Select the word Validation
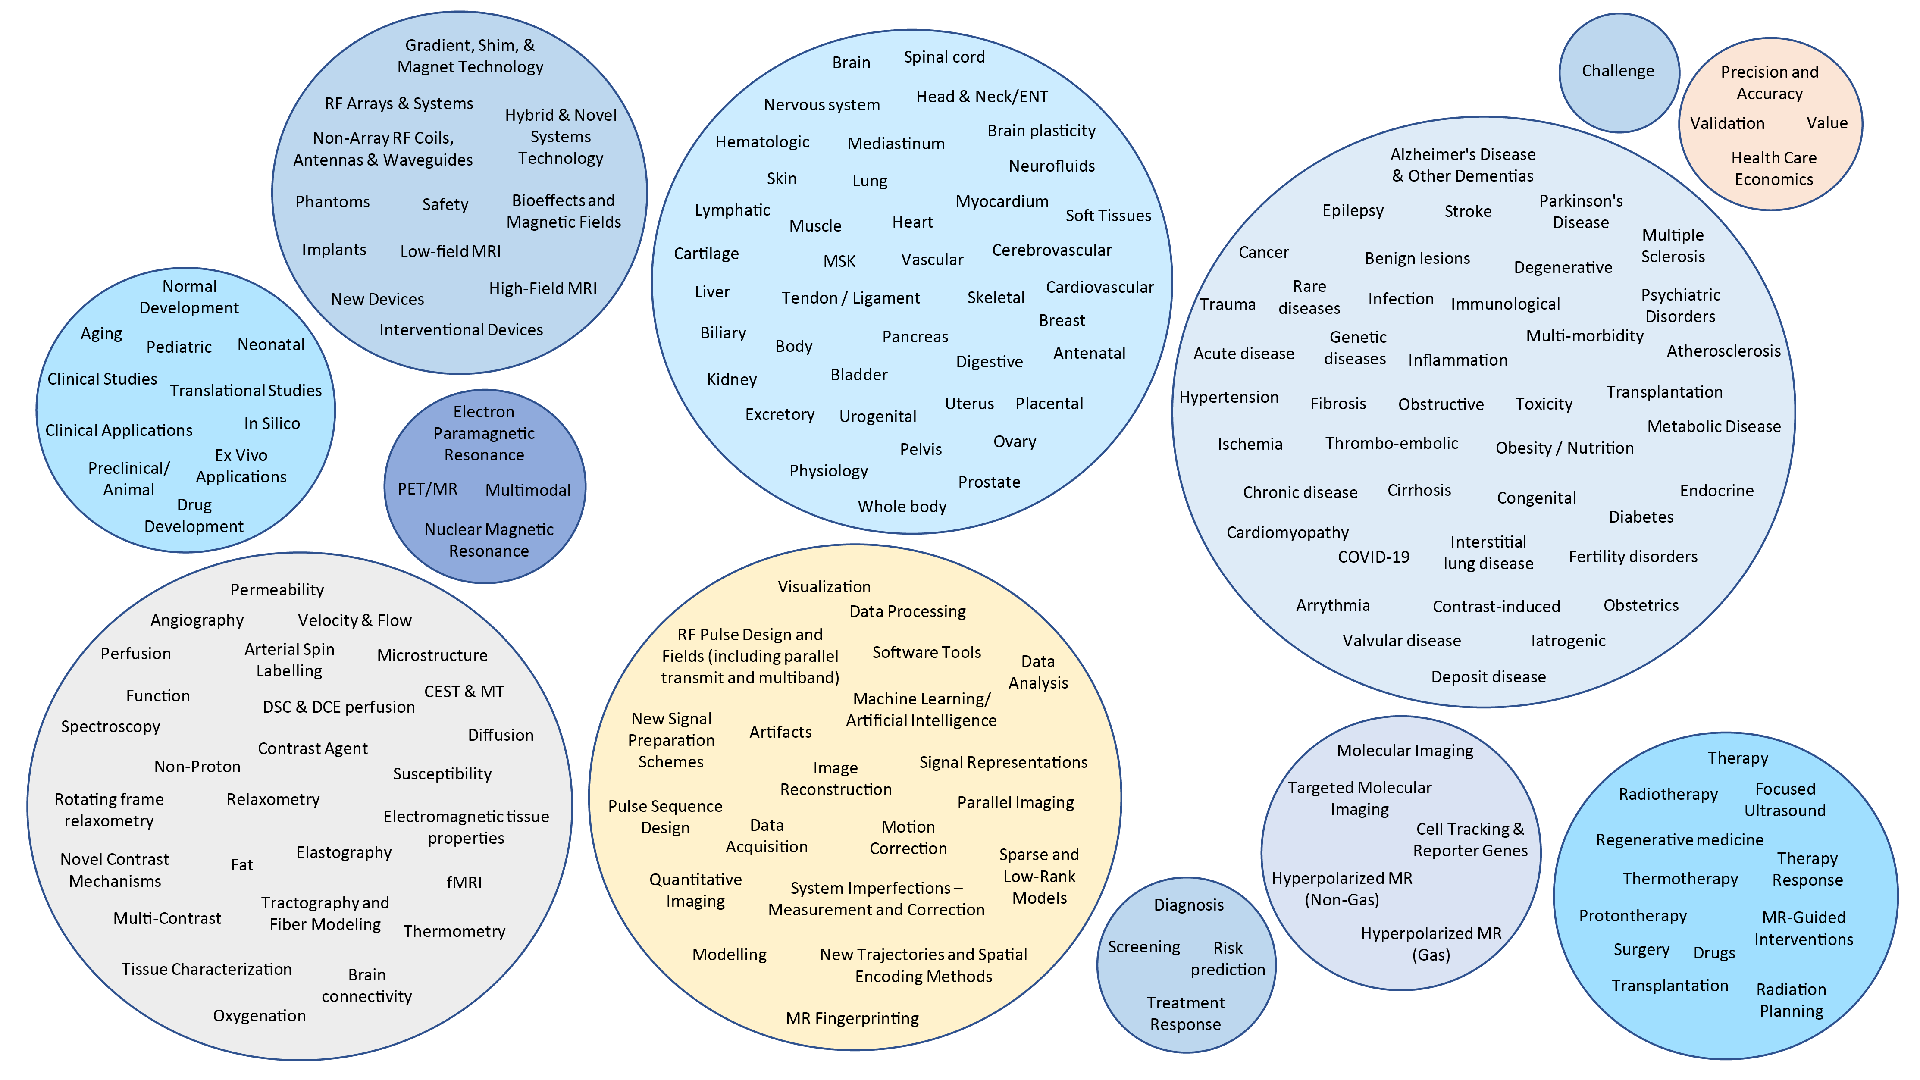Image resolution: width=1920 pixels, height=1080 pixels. coord(1727,123)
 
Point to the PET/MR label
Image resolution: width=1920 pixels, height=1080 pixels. coord(427,489)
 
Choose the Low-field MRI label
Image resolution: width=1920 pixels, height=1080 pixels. coord(450,251)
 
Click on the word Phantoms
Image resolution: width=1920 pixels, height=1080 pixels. coord(332,202)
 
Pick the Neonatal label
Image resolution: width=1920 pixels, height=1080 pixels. coord(270,344)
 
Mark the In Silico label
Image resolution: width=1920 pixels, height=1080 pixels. coord(272,423)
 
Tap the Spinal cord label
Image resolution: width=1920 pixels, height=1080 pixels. coord(943,57)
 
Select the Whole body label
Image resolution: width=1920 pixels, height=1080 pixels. coord(902,507)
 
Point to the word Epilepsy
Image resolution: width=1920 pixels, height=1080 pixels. coord(1353,210)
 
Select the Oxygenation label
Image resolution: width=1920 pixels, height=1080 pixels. coord(260,1016)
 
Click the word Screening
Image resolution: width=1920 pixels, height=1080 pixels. coord(1143,947)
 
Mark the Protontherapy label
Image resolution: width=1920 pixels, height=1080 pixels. coord(1632,916)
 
